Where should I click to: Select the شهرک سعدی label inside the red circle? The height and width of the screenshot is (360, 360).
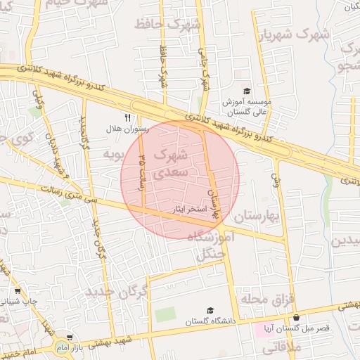click(x=171, y=162)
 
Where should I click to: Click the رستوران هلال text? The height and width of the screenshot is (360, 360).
click(x=124, y=129)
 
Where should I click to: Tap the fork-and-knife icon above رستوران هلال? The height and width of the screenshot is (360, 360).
click(x=127, y=118)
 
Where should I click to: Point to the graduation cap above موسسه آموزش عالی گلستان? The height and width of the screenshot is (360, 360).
click(x=247, y=91)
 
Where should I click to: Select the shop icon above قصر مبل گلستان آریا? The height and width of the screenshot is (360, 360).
click(x=296, y=318)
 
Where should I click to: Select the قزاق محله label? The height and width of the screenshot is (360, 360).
click(x=266, y=299)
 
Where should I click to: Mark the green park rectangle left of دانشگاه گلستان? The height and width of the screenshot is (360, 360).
click(x=165, y=314)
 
